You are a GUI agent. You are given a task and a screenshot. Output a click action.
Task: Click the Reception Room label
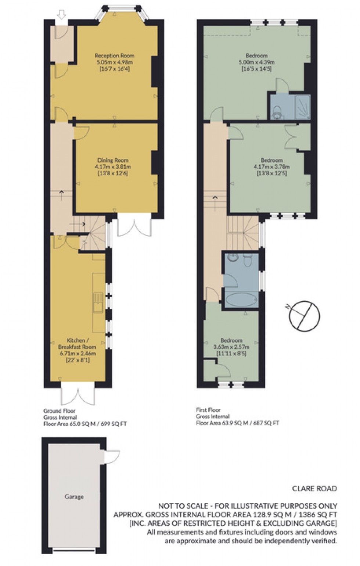point(114,56)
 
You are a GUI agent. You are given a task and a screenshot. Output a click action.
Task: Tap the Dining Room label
point(113,160)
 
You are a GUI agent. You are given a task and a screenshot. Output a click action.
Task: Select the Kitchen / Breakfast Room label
point(77,344)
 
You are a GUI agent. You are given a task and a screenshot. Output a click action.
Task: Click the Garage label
point(74,497)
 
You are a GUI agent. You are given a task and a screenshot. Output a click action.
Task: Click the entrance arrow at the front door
point(62,15)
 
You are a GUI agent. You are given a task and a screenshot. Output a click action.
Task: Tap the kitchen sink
point(98,302)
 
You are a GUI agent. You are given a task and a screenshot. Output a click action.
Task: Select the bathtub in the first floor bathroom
point(241,300)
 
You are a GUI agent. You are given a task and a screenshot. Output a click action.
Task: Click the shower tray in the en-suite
point(303,107)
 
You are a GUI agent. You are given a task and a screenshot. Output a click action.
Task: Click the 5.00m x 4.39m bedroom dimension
point(256,62)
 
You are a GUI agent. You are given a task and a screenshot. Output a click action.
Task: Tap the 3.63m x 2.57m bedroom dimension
point(231,347)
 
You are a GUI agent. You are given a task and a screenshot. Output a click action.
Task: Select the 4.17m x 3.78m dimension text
point(271,167)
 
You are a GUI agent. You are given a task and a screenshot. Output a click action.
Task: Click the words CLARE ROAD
point(314,488)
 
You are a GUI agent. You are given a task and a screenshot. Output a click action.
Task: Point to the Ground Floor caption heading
point(60,411)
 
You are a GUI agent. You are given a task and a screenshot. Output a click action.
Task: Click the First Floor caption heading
point(208,410)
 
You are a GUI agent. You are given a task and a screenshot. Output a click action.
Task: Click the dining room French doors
point(134,227)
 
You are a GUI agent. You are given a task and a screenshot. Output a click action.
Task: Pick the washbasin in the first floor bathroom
point(233,257)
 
